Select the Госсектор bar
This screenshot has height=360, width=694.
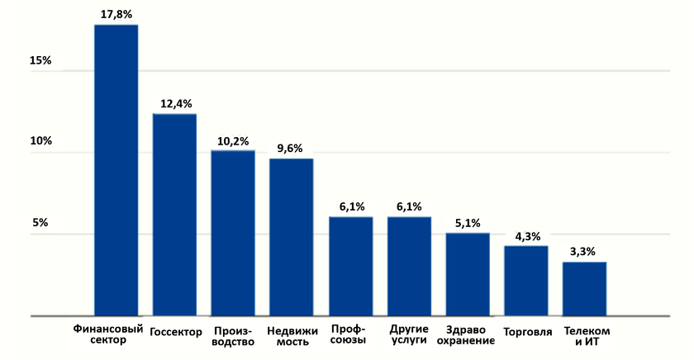pos(174,215)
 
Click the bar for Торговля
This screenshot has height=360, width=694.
pos(526,281)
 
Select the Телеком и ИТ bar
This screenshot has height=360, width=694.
pos(585,289)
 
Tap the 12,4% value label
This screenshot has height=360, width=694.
pos(175,104)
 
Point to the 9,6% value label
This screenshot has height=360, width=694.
pos(290,148)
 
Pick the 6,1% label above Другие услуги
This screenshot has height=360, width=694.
pos(409,206)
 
